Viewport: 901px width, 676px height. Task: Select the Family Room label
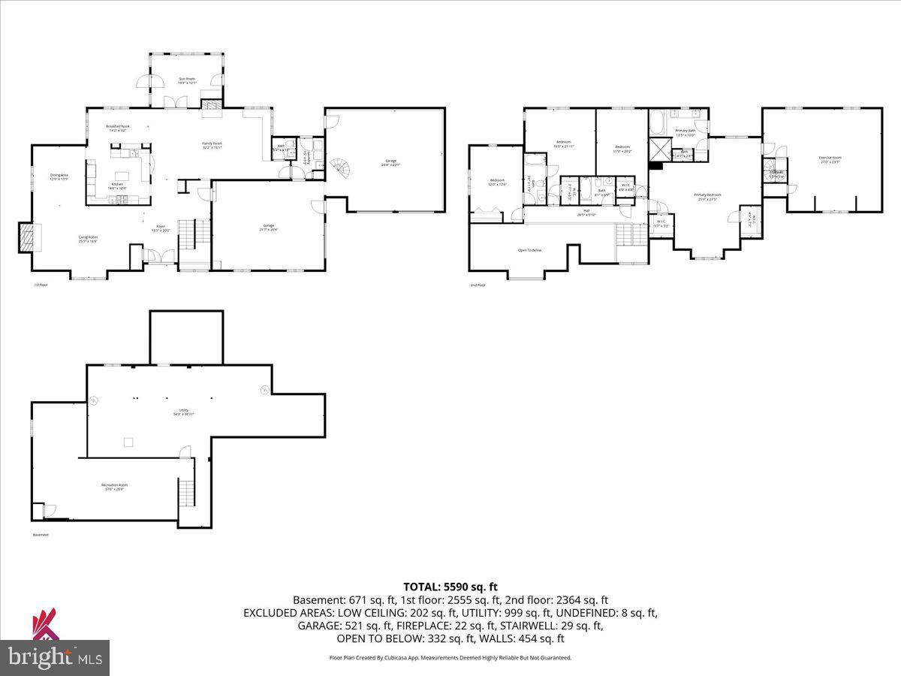coord(212,145)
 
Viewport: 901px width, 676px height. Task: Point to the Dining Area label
coord(59,177)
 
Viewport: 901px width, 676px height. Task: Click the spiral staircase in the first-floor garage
coord(341,165)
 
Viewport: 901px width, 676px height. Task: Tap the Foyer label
coord(160,228)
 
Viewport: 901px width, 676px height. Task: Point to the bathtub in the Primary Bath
coord(657,120)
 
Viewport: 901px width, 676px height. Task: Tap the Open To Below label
coord(529,250)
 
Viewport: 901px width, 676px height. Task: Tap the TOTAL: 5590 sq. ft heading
coord(450,587)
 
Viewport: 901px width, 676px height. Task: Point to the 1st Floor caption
coord(40,285)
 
